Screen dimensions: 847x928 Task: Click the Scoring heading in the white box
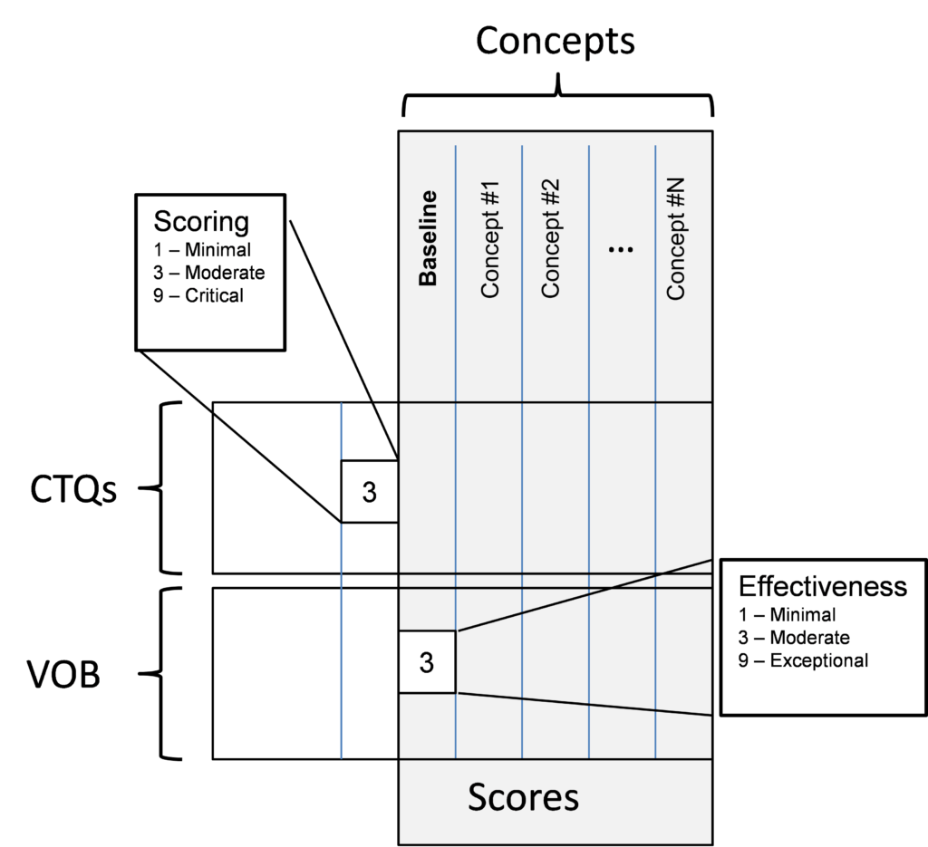201,222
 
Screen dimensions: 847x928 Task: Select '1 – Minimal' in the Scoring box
202,250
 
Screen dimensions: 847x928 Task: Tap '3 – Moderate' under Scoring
209,273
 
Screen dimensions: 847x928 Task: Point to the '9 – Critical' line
198,295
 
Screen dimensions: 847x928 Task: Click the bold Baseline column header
428,238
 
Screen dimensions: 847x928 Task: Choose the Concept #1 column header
490,240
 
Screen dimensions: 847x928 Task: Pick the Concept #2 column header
550,240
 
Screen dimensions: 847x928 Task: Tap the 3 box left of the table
369,492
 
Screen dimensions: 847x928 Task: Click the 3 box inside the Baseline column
427,662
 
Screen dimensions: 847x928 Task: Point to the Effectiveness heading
823,586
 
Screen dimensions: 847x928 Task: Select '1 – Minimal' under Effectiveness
787,615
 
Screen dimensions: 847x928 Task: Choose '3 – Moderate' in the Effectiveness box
794,638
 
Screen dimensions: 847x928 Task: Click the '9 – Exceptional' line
803,660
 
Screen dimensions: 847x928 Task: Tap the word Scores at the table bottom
523,797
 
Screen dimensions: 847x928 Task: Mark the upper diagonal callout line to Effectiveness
585,595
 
